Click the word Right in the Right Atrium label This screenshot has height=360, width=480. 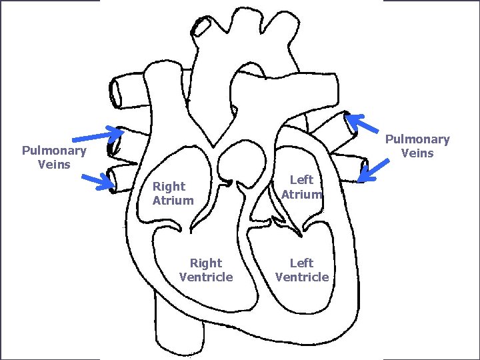[x=169, y=187]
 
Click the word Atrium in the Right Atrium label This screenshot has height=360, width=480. [x=173, y=200]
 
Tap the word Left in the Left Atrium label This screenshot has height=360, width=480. [x=301, y=180]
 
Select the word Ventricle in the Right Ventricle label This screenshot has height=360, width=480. [x=206, y=277]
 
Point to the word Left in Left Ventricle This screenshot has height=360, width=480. [x=301, y=263]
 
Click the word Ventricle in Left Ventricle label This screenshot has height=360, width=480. [x=302, y=277]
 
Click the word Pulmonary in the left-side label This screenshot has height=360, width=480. [x=54, y=151]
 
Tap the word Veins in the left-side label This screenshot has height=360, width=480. [x=54, y=164]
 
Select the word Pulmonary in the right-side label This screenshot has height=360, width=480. [x=417, y=139]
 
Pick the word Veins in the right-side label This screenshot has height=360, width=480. [x=417, y=153]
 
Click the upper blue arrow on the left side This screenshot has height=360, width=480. [x=97, y=135]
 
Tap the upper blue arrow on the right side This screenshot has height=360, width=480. [x=363, y=124]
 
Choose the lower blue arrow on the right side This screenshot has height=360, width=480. [x=373, y=171]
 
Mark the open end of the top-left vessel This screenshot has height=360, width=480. [x=116, y=92]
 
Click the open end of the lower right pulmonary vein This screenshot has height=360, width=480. [x=364, y=169]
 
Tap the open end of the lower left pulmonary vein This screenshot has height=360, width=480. [x=112, y=178]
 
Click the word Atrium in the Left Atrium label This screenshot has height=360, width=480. [x=302, y=194]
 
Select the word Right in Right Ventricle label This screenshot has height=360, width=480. [x=206, y=263]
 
